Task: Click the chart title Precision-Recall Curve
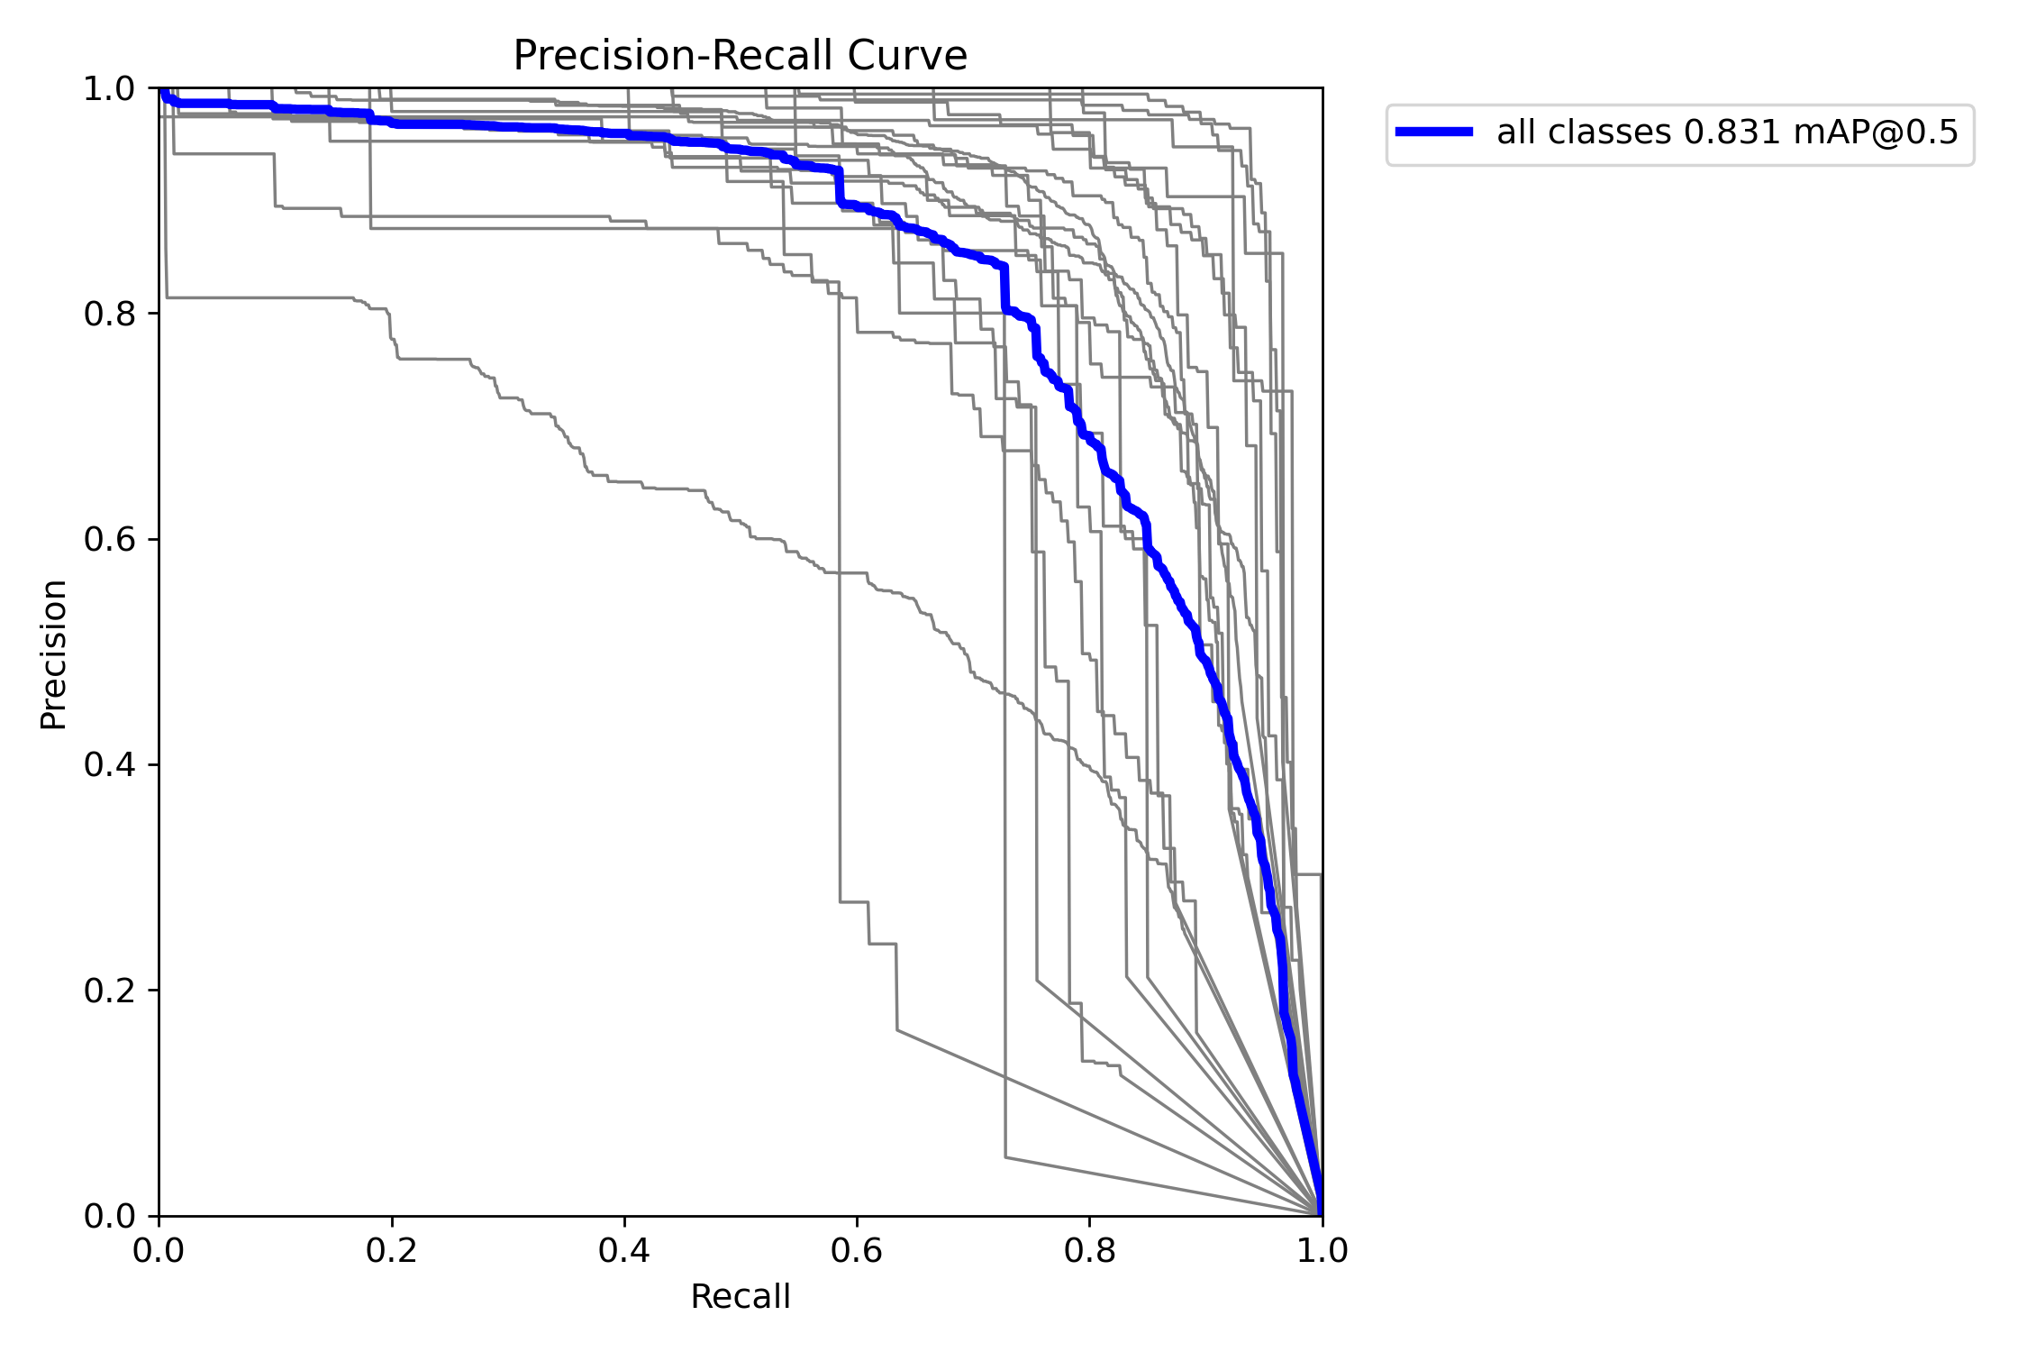pos(740,56)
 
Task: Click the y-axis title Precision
pos(54,654)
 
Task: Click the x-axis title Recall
pos(740,1297)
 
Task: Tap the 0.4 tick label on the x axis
pos(624,1250)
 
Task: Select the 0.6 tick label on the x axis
pos(857,1250)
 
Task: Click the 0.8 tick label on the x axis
pos(1089,1250)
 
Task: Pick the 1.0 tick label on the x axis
pos(1322,1250)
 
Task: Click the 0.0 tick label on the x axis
pos(159,1250)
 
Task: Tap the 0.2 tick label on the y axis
pos(109,991)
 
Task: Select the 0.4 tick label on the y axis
pos(109,765)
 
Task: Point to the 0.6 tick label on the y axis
pos(109,540)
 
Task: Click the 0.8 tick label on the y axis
pos(109,314)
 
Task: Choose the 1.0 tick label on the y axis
pos(109,88)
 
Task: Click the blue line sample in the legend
pos(1434,132)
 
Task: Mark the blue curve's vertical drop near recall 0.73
pos(1004,288)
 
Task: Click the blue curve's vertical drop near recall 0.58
pos(839,187)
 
